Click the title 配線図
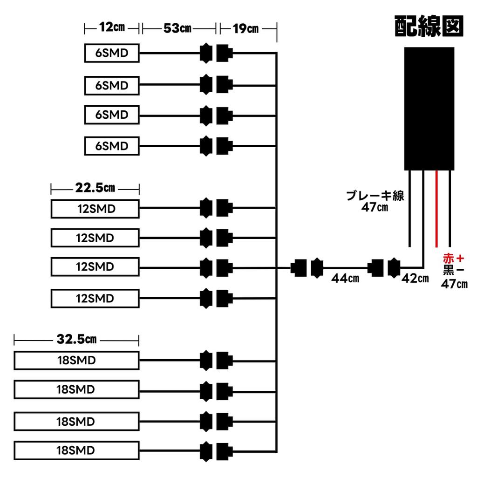(429, 26)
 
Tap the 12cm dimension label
(112, 27)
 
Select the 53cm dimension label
(177, 28)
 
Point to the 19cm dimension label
(245, 29)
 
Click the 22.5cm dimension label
(95, 188)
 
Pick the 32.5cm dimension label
(77, 339)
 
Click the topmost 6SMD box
(112, 53)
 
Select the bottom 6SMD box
(112, 146)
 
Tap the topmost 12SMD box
(95, 209)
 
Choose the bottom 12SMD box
(95, 299)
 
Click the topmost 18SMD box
(76, 361)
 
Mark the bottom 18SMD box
(76, 450)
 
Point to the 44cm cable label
(345, 279)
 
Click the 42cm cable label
(415, 278)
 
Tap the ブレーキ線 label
(375, 196)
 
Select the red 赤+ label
(454, 259)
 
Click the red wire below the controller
(436, 209)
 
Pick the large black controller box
(429, 109)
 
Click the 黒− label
(454, 270)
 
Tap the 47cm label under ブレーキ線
(375, 207)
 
